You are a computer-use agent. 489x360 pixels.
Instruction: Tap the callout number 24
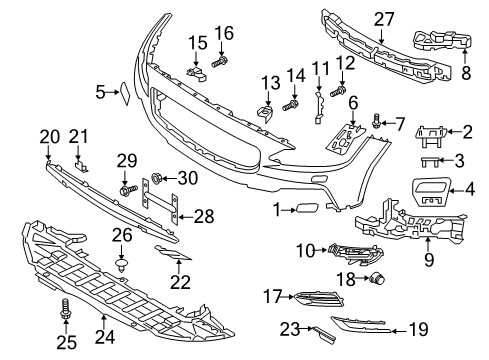click(x=97, y=337)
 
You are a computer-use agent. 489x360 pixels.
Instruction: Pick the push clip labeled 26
click(x=122, y=267)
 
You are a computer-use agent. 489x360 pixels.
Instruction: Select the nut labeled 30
click(x=157, y=179)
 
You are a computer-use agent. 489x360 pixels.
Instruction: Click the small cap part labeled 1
click(x=303, y=209)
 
